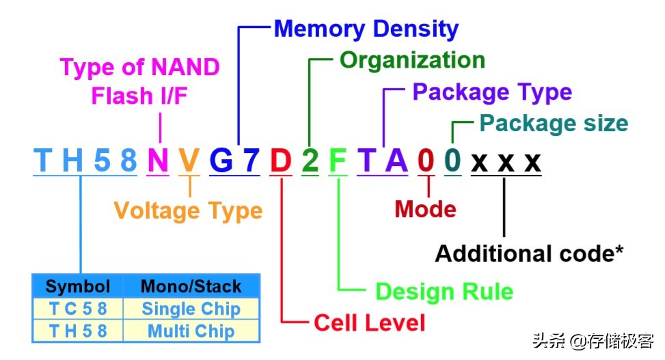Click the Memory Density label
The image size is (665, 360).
366,29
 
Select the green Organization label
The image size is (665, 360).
412,60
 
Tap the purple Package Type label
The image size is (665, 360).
492,92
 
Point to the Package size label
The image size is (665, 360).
553,124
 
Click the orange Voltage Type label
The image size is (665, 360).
188,210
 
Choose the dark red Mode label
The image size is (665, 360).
425,209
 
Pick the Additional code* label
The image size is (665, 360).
530,253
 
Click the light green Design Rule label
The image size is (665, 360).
444,292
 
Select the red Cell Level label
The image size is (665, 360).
369,322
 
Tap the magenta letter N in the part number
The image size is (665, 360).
158,161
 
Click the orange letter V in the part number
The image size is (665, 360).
189,161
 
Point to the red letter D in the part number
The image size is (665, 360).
280,161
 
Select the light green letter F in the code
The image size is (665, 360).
338,161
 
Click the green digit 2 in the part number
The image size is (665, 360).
310,161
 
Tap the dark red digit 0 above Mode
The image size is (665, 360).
426,161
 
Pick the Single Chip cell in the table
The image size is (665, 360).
191,309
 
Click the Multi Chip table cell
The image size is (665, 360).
191,331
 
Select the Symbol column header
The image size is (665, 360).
77,286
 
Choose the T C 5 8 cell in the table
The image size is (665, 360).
77,309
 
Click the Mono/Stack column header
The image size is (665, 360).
191,286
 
